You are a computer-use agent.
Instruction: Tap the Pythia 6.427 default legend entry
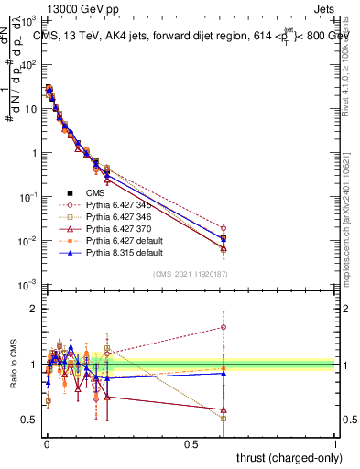pos(125,243)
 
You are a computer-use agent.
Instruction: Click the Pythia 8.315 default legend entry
pos(125,256)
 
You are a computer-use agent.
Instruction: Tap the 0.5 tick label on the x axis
pos(191,445)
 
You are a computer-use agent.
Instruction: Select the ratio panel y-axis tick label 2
pos(31,309)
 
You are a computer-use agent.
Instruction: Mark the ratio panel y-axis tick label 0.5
pos(27,420)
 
